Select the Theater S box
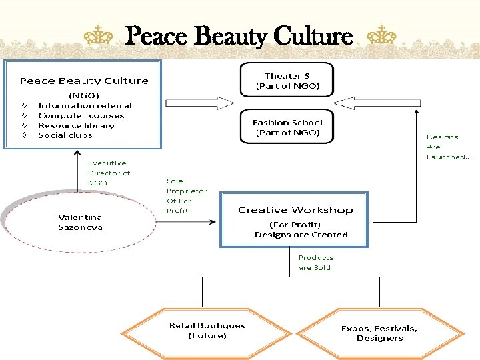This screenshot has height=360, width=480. [287, 81]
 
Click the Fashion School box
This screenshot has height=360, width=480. [287, 127]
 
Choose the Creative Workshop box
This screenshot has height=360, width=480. [295, 220]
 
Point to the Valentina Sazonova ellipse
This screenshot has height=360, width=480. [80, 223]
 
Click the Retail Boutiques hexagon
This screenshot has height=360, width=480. [207, 331]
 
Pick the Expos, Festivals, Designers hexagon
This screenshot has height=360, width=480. [379, 333]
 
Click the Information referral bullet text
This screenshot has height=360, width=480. [85, 105]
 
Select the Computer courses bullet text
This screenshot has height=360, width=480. [81, 115]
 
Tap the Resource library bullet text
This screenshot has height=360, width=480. [77, 125]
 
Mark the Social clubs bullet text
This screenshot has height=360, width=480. [65, 135]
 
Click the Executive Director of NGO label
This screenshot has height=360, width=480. [109, 173]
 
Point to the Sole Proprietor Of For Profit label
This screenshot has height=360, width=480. [187, 195]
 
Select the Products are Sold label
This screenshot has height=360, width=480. [316, 263]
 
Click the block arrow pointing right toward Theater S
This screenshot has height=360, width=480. [199, 103]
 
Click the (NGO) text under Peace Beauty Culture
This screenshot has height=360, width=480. [84, 95]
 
